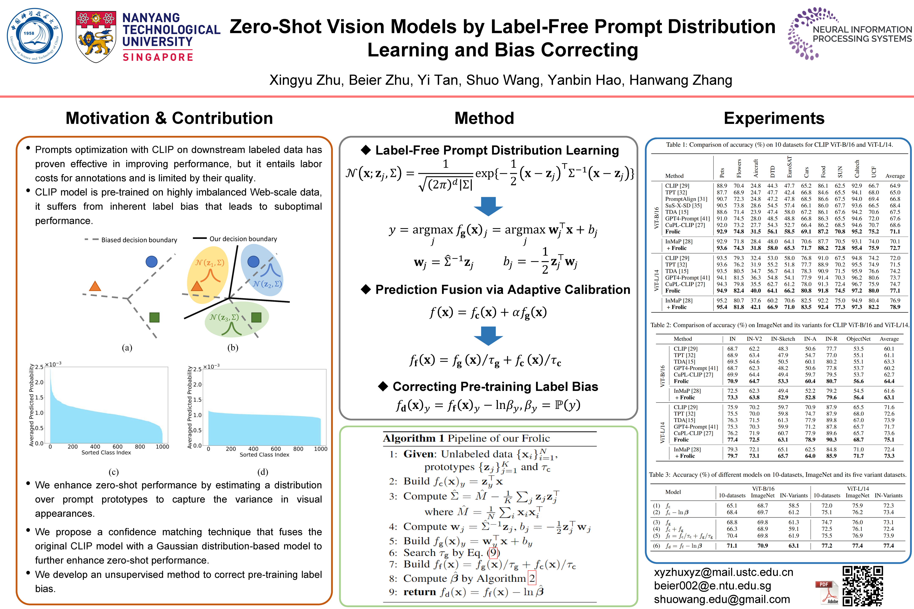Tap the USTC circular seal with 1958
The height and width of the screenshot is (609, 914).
tap(34, 36)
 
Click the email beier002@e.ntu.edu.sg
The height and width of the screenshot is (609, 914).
tap(712, 586)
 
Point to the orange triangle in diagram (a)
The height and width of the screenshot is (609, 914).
tap(95, 287)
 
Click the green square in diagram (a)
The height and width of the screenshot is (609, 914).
tap(154, 317)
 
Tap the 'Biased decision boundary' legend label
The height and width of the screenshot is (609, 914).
tap(139, 240)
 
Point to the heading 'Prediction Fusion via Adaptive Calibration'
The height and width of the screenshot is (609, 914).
tap(502, 290)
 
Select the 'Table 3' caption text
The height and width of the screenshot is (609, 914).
tap(777, 475)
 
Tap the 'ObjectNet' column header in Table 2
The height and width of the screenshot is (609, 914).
tap(858, 339)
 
